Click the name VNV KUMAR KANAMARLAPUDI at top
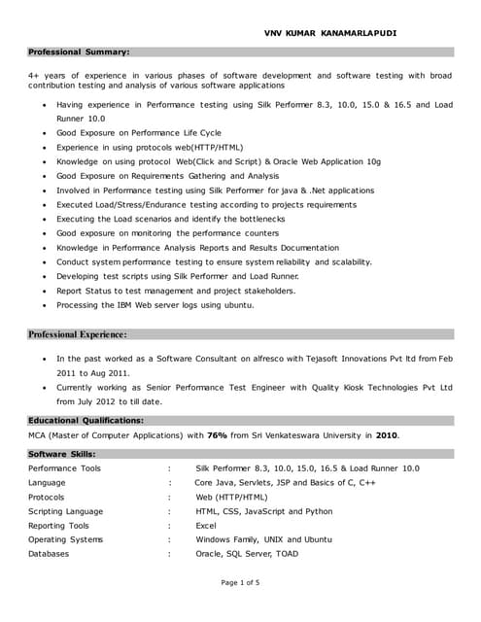click(330, 33)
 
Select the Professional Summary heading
click(79, 52)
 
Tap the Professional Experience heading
click(78, 334)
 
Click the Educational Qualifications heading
click(86, 420)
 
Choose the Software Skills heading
click(62, 454)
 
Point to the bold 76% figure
click(217, 435)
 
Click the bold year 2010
click(387, 435)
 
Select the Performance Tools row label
click(64, 468)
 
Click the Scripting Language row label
click(65, 511)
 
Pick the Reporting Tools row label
click(58, 525)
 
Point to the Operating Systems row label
click(65, 539)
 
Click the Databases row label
click(49, 554)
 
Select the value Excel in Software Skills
click(206, 525)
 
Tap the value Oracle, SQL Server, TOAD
click(247, 554)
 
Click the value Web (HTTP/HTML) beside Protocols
click(233, 497)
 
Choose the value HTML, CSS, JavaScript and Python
click(263, 511)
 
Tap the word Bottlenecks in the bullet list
click(262, 220)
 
